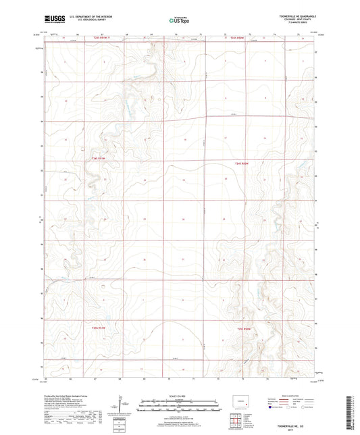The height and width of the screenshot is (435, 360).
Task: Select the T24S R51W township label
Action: click(99, 158)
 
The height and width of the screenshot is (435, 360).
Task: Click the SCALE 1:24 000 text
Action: click(180, 396)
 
